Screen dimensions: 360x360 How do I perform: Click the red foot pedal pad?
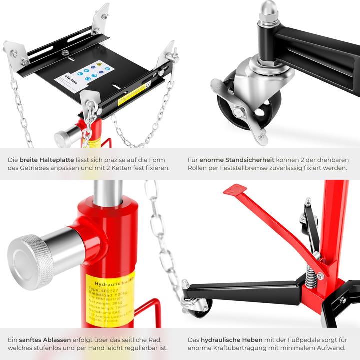click(x=235, y=190)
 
